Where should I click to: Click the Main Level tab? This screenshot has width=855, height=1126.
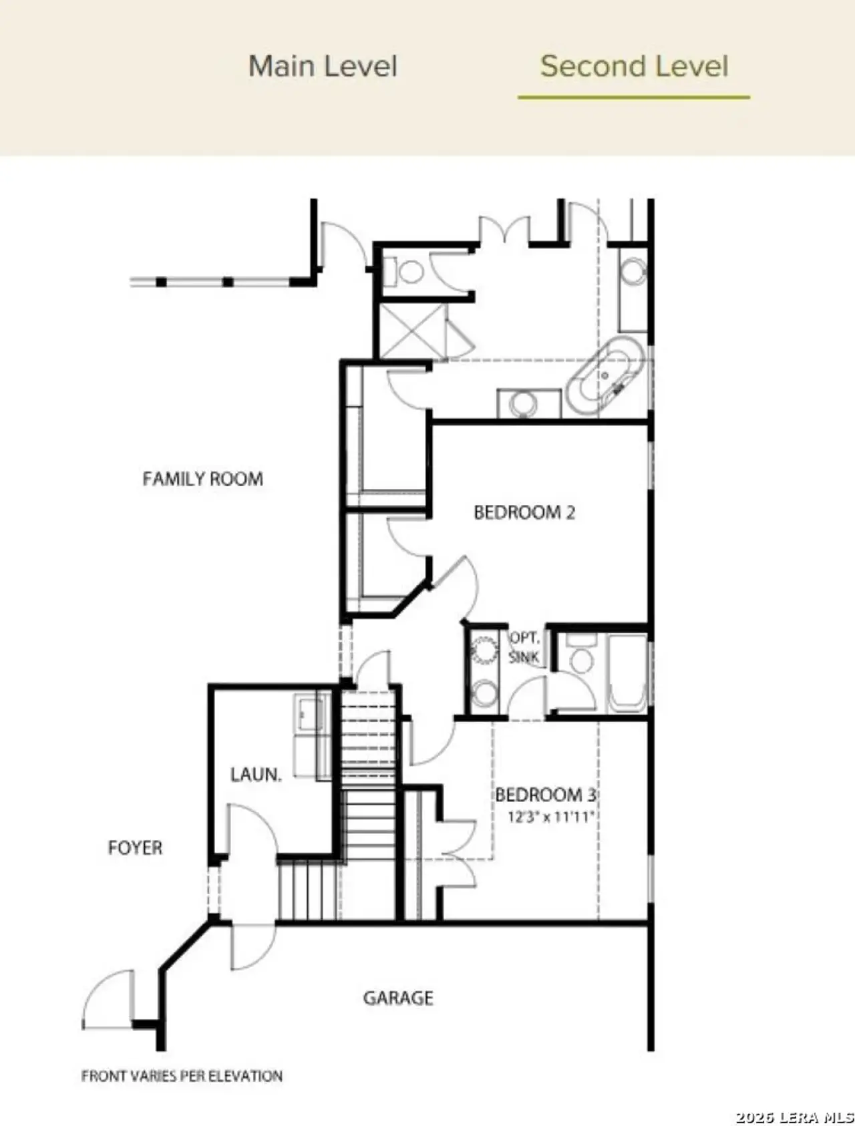pos(323,66)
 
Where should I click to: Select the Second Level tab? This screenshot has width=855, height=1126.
pos(633,66)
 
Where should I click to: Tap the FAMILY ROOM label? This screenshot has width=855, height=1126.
pos(202,479)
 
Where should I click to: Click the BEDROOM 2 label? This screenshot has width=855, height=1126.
pos(524,512)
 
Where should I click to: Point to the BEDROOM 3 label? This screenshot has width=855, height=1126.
pos(545,795)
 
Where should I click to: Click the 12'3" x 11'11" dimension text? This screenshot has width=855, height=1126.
pos(550,817)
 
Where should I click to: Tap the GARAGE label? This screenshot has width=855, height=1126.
pos(398,998)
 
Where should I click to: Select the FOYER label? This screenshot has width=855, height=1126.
pos(135,848)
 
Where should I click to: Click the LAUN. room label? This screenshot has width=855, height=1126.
pos(256,775)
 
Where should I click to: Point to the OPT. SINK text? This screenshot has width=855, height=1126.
pos(524,647)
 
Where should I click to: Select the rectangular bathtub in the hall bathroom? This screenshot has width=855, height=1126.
pos(627,673)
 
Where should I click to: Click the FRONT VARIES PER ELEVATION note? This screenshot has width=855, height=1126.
pos(182,1076)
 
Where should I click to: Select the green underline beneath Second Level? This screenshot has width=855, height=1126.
pos(633,98)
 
